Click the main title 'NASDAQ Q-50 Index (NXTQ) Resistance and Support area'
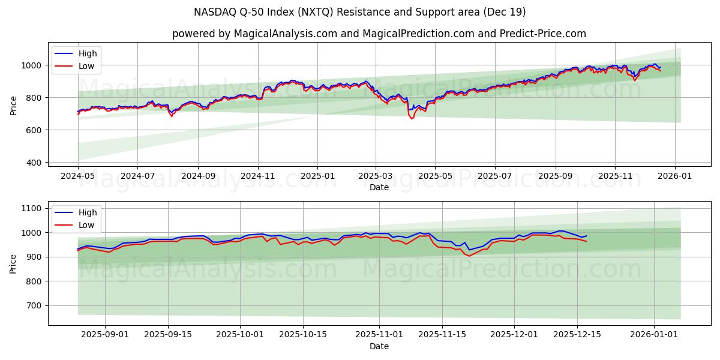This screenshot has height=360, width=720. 360,12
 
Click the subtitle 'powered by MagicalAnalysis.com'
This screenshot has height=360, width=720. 254,34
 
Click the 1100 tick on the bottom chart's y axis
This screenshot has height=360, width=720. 31,208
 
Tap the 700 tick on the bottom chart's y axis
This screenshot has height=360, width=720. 33,305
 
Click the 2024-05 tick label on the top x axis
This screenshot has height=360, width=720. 78,176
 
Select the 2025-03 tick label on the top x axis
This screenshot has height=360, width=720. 376,176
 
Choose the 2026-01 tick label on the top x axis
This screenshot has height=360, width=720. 674,176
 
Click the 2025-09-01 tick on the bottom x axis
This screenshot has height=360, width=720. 105,335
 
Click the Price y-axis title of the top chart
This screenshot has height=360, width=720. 13,105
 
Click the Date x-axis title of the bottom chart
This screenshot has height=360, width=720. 379,346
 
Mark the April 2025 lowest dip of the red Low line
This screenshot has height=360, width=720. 412,119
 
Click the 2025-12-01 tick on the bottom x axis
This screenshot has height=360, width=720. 514,335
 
